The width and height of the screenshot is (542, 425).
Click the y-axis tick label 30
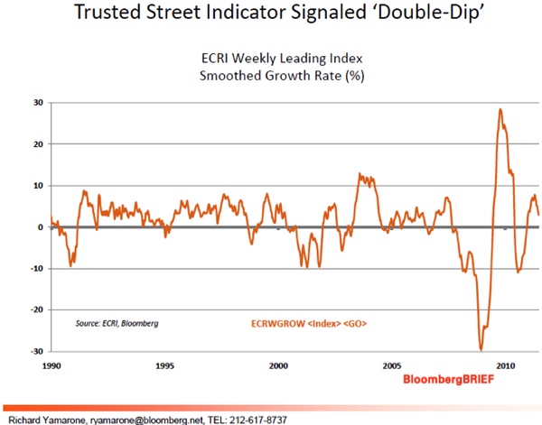(x=38, y=102)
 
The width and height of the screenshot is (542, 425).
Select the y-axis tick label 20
(x=38, y=143)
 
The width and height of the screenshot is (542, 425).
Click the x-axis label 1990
(x=51, y=366)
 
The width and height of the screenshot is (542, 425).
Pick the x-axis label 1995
(x=164, y=366)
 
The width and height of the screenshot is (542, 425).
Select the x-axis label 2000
(x=278, y=366)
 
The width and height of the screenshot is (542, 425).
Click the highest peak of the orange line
(x=500, y=109)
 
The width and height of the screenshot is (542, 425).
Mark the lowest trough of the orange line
(x=481, y=349)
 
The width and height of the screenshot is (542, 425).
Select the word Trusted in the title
(x=103, y=15)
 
